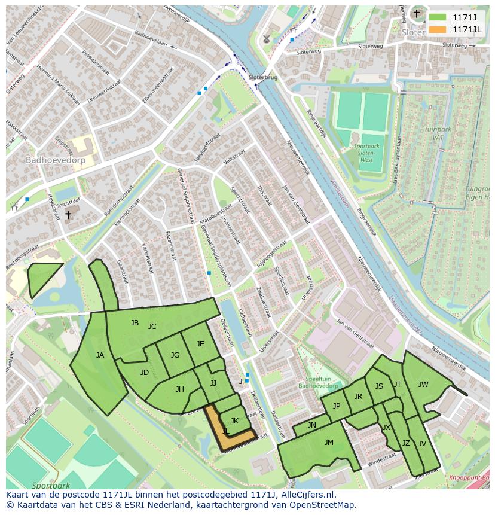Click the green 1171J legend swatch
438,17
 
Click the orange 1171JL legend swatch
438,29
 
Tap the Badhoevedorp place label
56,160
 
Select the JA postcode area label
100,355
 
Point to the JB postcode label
135,323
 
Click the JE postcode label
200,343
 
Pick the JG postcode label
175,355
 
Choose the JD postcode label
145,372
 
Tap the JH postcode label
179,389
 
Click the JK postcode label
234,421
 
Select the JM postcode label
329,443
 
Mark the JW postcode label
423,385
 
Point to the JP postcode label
337,406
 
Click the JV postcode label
422,443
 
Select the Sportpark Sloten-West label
366,153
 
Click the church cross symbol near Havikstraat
68,214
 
